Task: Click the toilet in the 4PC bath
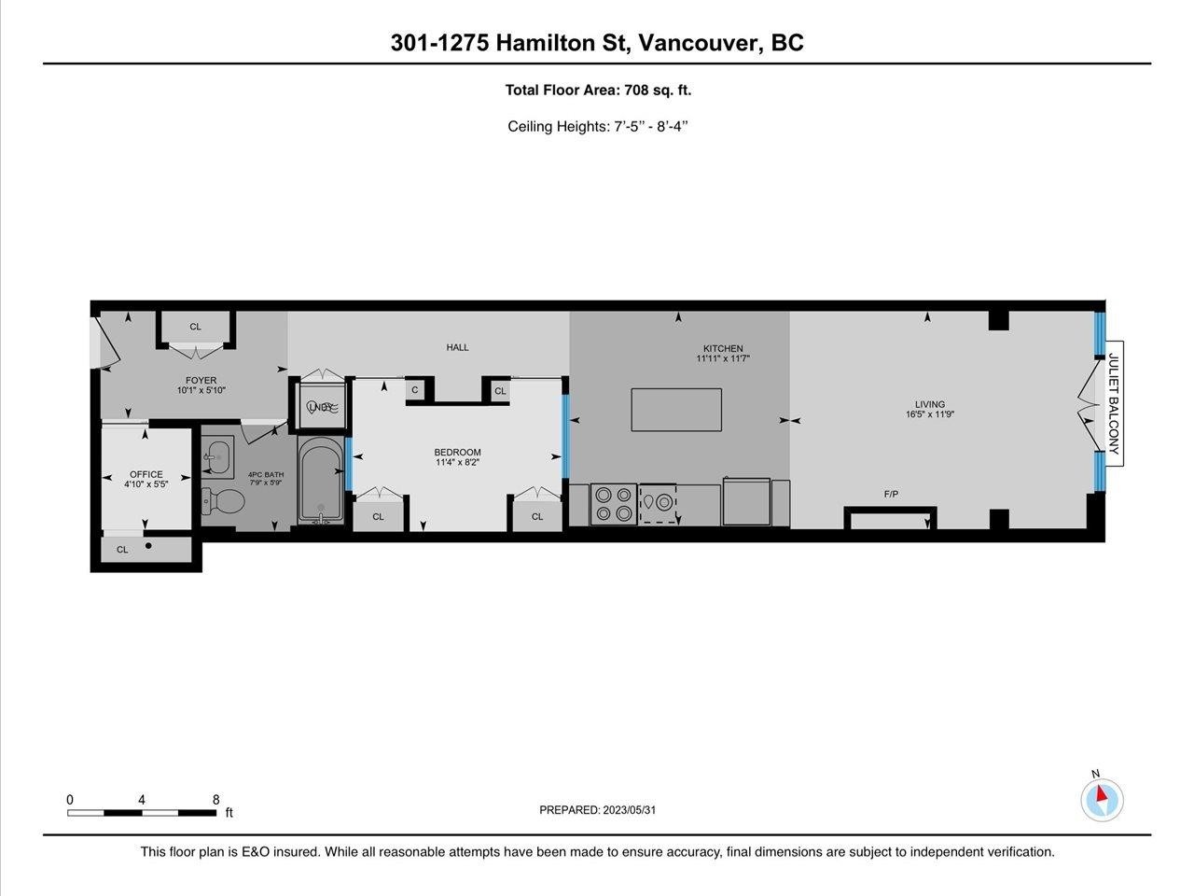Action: pyautogui.click(x=223, y=502)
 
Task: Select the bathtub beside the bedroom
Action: pyautogui.click(x=321, y=481)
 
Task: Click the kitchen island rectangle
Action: pyautogui.click(x=676, y=410)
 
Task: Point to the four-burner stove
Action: pyautogui.click(x=614, y=503)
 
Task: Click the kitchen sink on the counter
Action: pyautogui.click(x=657, y=503)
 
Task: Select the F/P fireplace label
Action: pyautogui.click(x=891, y=494)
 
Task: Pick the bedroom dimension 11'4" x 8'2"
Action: pyautogui.click(x=458, y=463)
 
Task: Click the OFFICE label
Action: pyautogui.click(x=146, y=474)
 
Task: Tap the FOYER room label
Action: pyautogui.click(x=201, y=380)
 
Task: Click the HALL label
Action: pyautogui.click(x=457, y=347)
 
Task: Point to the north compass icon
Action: pyautogui.click(x=1102, y=799)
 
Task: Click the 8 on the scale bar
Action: pyautogui.click(x=215, y=800)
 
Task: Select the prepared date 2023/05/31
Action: pyautogui.click(x=630, y=810)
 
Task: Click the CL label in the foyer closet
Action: pyautogui.click(x=195, y=327)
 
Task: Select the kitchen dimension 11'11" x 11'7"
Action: pyautogui.click(x=723, y=358)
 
